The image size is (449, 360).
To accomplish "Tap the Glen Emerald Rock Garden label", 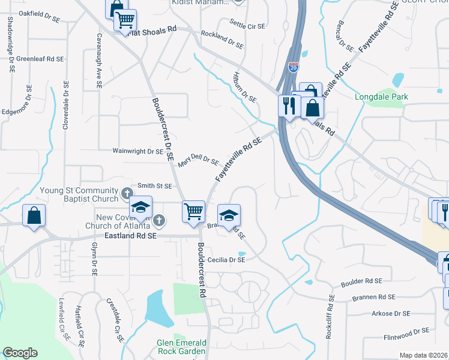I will pos(174,346).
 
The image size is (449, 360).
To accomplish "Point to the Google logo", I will pos(20,353).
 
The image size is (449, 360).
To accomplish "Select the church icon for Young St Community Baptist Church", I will pos(127,193).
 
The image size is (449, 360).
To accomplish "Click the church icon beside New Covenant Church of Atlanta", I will pos(158,220).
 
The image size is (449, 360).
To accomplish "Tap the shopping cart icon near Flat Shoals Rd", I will pos(125,20).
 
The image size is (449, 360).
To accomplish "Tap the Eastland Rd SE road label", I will pos(130,237).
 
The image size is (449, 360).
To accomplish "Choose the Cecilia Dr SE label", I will pos(226,260).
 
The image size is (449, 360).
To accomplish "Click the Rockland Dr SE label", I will pos(222,40).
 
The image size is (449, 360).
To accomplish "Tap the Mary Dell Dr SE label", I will pos(197,160).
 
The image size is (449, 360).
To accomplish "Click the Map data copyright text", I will pos(424,355).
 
